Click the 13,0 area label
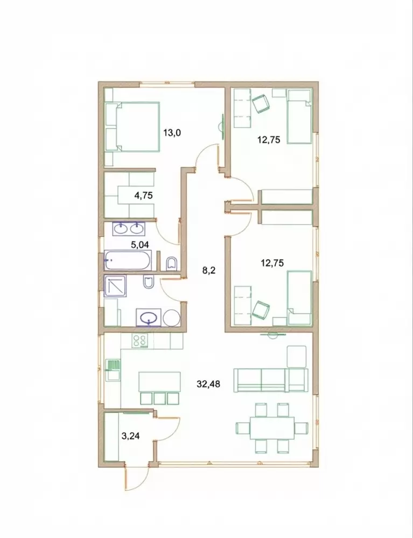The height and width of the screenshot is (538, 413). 172,132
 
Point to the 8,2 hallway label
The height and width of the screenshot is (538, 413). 208,271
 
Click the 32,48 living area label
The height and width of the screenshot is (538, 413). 208,384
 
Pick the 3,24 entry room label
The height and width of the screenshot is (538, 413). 131,436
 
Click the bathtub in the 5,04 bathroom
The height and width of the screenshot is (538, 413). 128,260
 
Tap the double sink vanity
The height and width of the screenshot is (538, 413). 129,228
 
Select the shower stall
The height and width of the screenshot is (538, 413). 115,286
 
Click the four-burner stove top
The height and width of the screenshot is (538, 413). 139,341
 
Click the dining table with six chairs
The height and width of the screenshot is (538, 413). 272,428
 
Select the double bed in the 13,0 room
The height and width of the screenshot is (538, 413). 132,126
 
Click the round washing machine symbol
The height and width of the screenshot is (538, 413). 172,318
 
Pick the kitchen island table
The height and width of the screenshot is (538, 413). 159,381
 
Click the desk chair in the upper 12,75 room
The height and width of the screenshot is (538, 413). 261,103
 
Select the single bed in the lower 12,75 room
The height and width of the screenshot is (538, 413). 299,298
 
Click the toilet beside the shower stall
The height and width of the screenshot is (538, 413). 148,282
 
